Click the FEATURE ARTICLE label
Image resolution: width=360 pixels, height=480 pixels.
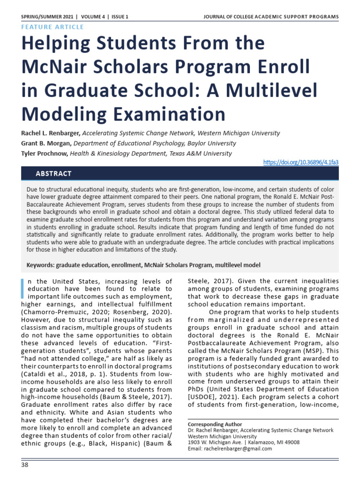[52, 27]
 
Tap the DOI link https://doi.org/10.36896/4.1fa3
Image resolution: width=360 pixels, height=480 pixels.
[300, 162]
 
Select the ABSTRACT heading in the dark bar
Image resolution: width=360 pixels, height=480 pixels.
[53, 174]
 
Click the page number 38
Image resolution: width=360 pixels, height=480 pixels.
[25, 465]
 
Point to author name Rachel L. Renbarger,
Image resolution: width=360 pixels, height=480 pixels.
[51, 133]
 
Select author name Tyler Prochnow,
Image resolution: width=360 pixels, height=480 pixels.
[47, 153]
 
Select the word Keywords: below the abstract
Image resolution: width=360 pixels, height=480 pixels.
[40, 265]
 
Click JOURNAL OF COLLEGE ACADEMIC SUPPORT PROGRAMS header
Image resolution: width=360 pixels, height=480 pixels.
[270, 17]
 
